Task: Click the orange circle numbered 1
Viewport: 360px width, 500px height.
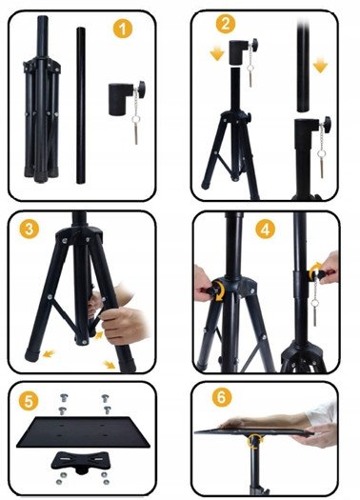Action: [x=123, y=29]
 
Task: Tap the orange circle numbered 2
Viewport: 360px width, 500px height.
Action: [x=226, y=23]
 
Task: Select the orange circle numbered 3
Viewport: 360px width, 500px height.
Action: [x=29, y=229]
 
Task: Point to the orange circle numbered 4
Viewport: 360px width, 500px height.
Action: [x=266, y=229]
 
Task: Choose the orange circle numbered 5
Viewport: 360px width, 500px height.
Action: [x=29, y=401]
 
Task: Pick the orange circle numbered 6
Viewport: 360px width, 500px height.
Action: [x=221, y=397]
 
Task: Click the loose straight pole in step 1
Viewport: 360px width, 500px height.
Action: [x=81, y=106]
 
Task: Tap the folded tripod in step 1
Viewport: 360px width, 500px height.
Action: [x=42, y=99]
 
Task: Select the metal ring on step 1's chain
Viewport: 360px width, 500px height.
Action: [x=136, y=120]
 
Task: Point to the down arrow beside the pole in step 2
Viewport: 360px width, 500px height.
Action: [x=320, y=66]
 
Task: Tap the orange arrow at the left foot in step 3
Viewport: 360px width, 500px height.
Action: [x=49, y=353]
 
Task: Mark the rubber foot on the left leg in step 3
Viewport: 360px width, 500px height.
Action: [x=31, y=355]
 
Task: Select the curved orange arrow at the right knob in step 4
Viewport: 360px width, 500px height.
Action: [x=313, y=269]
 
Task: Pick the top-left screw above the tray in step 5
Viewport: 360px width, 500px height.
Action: [x=64, y=398]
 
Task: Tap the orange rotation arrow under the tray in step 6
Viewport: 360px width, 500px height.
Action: [x=254, y=442]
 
